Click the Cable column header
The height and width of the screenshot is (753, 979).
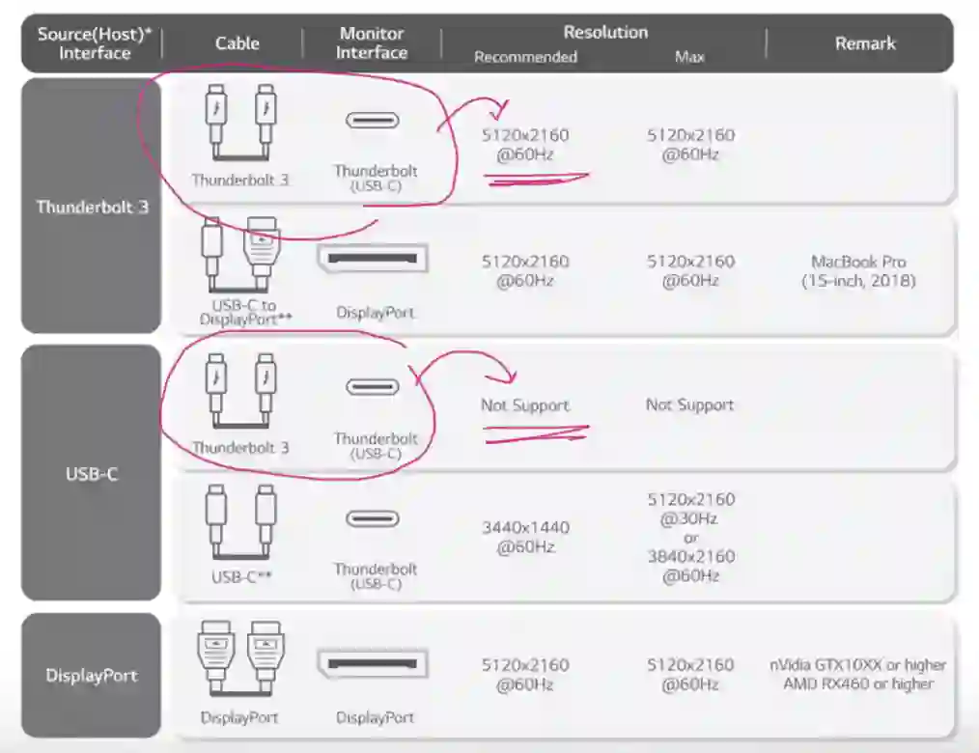click(x=237, y=43)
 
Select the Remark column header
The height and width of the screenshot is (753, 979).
click(x=865, y=43)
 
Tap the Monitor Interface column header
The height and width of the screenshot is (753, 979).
click(x=372, y=42)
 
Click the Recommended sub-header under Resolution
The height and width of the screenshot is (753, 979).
click(x=525, y=57)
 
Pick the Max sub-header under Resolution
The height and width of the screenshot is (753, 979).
click(x=689, y=57)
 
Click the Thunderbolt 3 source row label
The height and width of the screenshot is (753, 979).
click(x=93, y=207)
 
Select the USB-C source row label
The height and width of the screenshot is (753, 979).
click(x=92, y=474)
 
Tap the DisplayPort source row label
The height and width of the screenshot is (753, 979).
click(x=92, y=675)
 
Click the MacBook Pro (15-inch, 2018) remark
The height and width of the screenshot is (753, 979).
click(x=858, y=270)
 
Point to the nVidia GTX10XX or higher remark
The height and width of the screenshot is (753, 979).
click(x=858, y=665)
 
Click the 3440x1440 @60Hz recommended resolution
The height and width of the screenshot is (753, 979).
click(x=525, y=537)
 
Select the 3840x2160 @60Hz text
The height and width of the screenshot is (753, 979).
click(x=690, y=566)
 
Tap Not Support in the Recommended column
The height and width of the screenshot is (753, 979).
click(x=525, y=405)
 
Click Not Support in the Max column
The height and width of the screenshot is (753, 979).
click(x=690, y=404)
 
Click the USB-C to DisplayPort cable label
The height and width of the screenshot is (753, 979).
click(x=245, y=312)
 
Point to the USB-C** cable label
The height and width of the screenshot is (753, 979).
click(x=241, y=577)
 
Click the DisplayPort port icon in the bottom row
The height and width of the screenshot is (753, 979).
click(x=373, y=664)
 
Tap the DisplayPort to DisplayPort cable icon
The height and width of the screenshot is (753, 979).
click(x=241, y=658)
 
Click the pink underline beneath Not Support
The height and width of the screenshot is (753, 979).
click(x=536, y=433)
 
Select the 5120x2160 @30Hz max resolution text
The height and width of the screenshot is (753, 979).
click(x=690, y=509)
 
